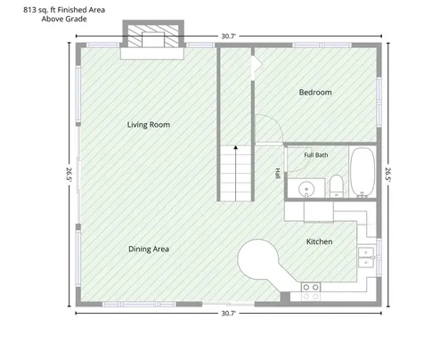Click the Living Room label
[149, 125]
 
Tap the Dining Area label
[149, 249]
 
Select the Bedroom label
[315, 93]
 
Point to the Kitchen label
[319, 241]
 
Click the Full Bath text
[316, 155]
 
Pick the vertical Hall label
[278, 174]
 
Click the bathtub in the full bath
[363, 172]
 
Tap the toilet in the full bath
[337, 186]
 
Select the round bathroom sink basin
[306, 189]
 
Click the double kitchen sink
[366, 258]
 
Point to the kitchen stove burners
[311, 291]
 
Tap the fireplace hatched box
[153, 36]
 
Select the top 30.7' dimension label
[228, 37]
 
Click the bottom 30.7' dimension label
[228, 314]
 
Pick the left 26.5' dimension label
[69, 175]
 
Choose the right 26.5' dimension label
[388, 175]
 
